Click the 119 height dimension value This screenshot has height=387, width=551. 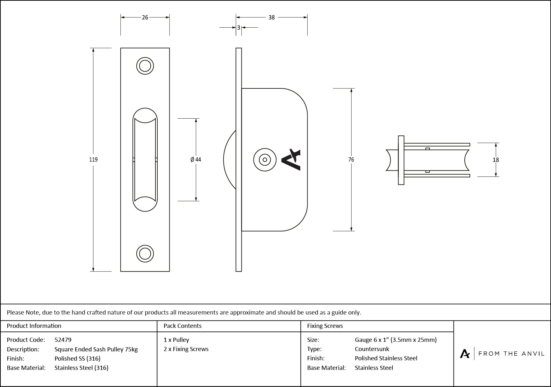tap(93, 160)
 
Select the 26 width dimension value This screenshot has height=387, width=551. tap(145, 17)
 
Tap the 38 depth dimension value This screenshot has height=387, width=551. tap(271, 17)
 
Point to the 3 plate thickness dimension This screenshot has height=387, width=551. tap(239, 28)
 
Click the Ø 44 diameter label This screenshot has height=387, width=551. tap(196, 160)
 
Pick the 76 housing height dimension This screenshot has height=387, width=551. tap(351, 160)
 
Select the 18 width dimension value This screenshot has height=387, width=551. tap(496, 160)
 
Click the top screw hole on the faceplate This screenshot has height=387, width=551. tap(145, 66)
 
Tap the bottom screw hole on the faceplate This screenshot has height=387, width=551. tap(145, 254)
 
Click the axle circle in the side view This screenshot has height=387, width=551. tap(265, 160)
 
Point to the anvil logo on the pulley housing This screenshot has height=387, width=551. tap(291, 160)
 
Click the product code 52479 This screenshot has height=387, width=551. tap(63, 340)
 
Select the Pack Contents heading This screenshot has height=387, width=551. tap(182, 326)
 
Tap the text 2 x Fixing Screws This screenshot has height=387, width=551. tap(186, 349)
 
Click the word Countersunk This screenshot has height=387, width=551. tap(372, 349)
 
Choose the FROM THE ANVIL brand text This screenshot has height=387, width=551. tap(511, 354)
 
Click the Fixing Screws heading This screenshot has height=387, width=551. tap(325, 326)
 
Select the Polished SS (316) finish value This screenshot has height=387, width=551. tap(77, 358)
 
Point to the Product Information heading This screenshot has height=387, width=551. tap(34, 326)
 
